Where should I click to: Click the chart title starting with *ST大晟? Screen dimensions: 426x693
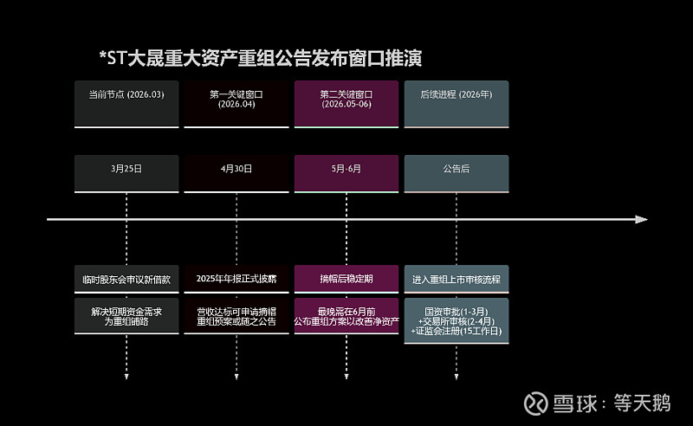(x=261, y=59)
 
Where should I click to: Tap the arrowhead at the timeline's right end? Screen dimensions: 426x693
(x=641, y=219)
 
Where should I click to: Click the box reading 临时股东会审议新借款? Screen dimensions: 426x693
(x=126, y=280)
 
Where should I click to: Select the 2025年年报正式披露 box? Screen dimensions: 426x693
(x=236, y=280)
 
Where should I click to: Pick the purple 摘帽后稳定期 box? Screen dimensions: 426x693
(x=346, y=280)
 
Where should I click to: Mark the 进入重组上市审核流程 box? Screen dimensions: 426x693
(x=456, y=280)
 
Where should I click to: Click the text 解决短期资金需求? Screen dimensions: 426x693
(x=126, y=309)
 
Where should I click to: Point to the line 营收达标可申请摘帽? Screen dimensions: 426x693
(x=236, y=309)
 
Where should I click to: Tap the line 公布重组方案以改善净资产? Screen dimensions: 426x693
(x=346, y=320)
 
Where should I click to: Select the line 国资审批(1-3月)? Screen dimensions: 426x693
(x=456, y=309)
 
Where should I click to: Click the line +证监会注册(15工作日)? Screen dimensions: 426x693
(x=456, y=331)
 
